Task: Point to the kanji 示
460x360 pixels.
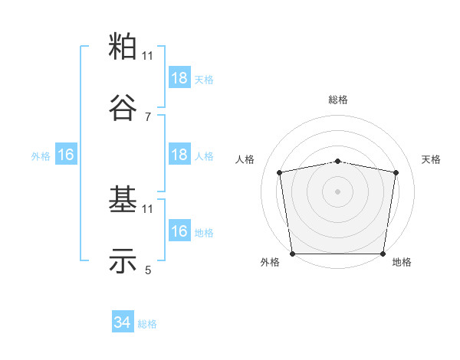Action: (123, 262)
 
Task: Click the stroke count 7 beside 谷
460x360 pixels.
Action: (148, 117)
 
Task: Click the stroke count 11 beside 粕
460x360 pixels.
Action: (148, 56)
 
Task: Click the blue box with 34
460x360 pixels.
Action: (123, 323)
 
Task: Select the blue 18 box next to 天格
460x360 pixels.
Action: (179, 78)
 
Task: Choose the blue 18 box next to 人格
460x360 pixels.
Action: (179, 155)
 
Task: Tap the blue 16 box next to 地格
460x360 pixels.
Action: (179, 231)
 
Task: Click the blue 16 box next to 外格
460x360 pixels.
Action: (66, 155)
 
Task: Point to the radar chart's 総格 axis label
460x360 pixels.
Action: (338, 100)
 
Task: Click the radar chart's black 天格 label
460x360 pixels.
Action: (432, 159)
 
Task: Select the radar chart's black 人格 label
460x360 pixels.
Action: (245, 159)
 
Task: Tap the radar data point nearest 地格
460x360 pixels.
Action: (383, 254)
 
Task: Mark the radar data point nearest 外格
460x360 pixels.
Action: (292, 254)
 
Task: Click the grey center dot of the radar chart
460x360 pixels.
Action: (338, 191)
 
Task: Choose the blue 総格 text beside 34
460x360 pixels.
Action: (147, 324)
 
